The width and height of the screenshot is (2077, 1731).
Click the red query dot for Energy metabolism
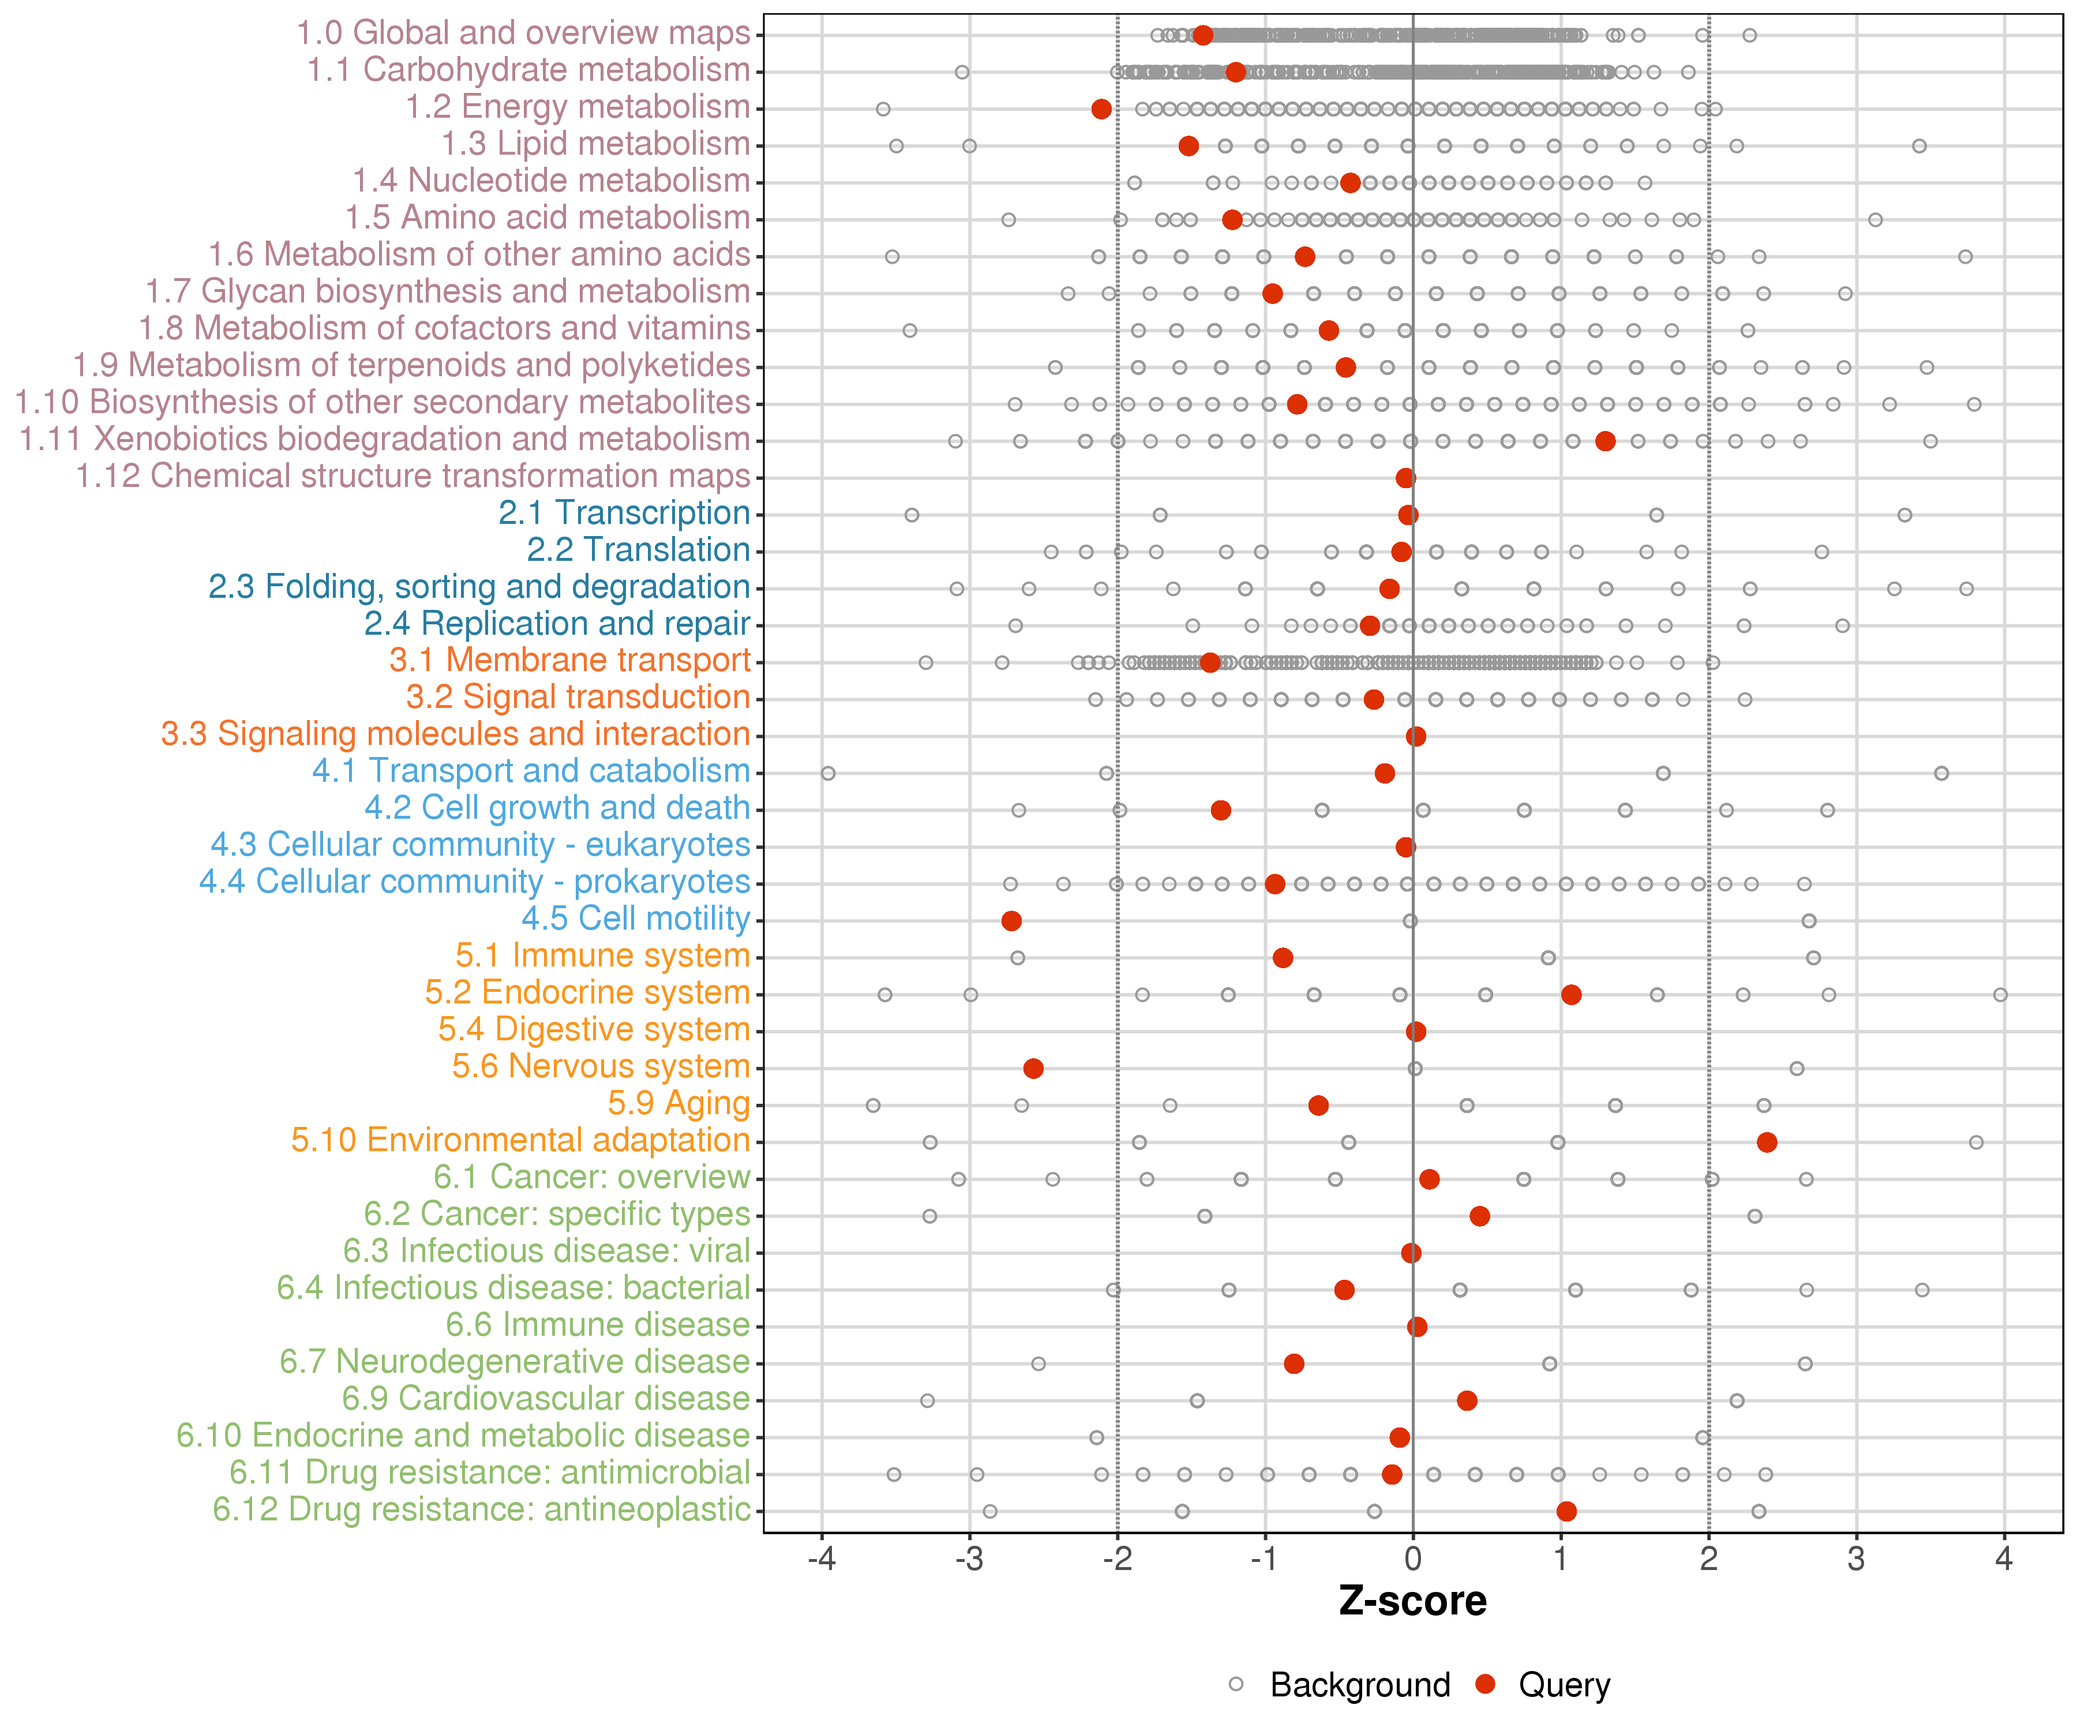click(1101, 109)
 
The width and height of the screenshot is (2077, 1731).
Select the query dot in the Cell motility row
click(1011, 921)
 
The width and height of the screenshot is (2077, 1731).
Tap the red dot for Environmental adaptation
click(1767, 1142)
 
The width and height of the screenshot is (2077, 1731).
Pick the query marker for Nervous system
click(1033, 1068)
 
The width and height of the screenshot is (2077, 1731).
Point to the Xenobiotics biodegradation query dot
click(1605, 441)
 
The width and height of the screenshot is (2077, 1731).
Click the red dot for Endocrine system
click(1570, 995)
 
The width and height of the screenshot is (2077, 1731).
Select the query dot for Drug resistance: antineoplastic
click(1566, 1511)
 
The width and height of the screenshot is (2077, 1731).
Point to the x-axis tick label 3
click(1857, 1560)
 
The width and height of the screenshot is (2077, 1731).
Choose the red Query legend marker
click(1484, 1684)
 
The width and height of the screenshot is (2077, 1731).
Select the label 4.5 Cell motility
click(636, 919)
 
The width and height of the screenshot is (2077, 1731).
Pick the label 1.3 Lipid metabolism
click(595, 144)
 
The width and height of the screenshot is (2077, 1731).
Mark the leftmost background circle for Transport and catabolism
click(828, 774)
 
